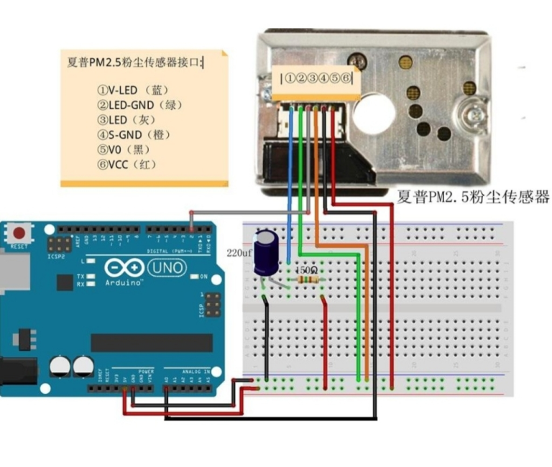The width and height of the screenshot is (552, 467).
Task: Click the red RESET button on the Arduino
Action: tap(19, 233)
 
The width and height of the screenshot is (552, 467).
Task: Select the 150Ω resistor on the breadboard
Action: tap(308, 279)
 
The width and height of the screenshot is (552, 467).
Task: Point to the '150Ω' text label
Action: tap(307, 269)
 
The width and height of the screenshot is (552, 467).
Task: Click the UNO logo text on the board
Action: tap(166, 268)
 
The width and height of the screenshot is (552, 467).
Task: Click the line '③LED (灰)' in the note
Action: tap(126, 120)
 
